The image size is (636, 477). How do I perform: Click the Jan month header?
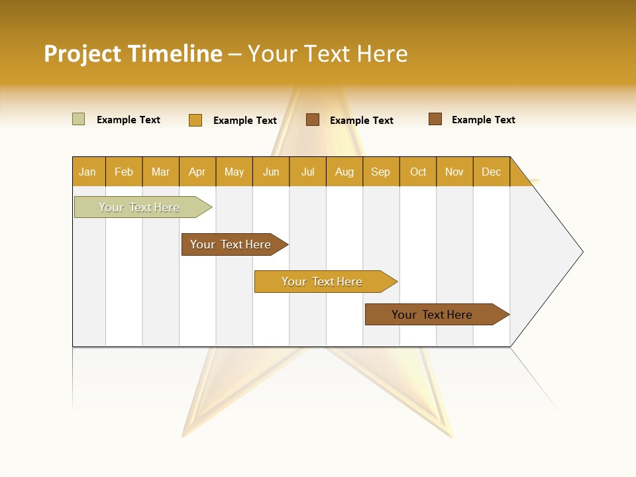coord(87,172)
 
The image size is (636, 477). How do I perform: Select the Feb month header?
coord(124,172)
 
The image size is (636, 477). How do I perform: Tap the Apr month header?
coord(197,172)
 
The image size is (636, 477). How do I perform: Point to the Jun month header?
coord(271,172)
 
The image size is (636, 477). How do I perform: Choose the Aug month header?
coord(344,172)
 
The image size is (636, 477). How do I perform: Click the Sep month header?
coord(380,172)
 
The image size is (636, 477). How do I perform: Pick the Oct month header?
coord(418,172)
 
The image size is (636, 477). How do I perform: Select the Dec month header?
coord(491,172)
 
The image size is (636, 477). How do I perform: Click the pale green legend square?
coord(78,119)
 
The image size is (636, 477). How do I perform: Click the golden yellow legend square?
coord(195,120)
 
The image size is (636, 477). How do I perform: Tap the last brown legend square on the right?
coord(435,119)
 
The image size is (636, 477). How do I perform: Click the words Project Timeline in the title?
coord(132,54)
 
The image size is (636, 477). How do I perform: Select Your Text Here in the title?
coord(327,54)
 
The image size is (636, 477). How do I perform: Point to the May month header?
coord(234,172)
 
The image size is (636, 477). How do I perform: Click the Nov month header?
coord(454,172)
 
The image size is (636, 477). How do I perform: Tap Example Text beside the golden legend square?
coord(244,121)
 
